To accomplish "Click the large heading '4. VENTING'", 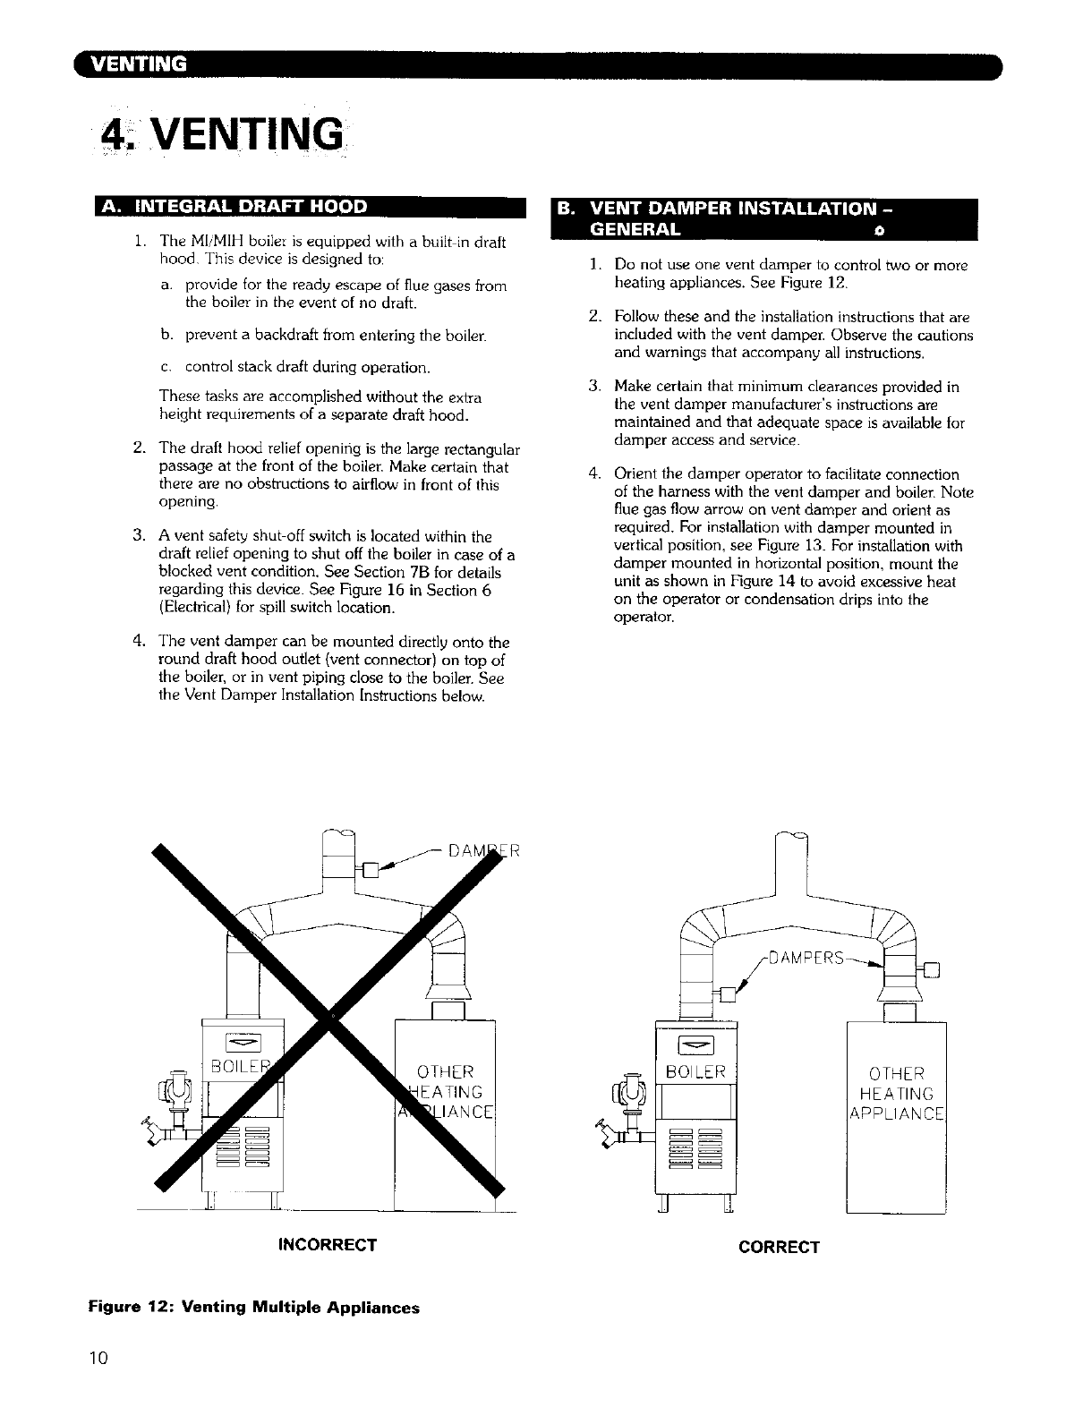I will (x=223, y=135).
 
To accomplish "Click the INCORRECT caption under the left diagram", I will (x=328, y=1245).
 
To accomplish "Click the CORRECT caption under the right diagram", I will (x=779, y=1247).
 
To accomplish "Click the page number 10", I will (x=98, y=1358).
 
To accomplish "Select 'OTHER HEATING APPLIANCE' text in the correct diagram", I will (x=896, y=1094).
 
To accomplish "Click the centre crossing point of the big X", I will (x=332, y=1018).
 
